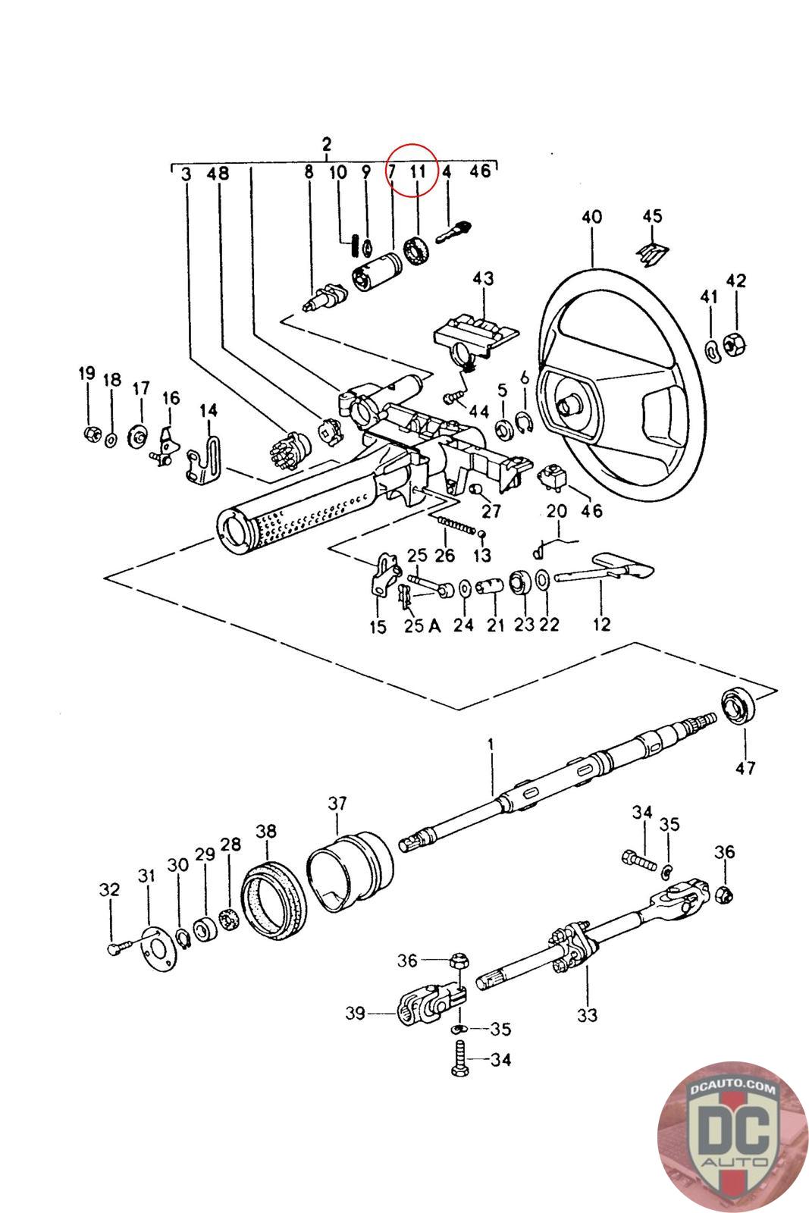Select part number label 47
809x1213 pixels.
click(x=745, y=767)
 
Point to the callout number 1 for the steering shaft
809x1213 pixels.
click(x=491, y=744)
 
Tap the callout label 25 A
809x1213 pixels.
click(x=422, y=625)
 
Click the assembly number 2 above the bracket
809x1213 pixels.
click(x=327, y=145)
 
